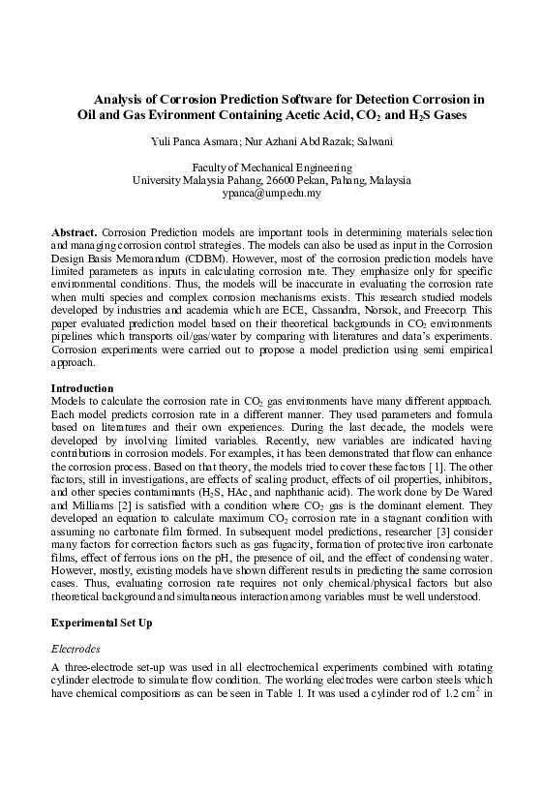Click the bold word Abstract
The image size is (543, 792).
(x=74, y=234)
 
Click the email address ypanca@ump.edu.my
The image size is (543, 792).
(x=271, y=194)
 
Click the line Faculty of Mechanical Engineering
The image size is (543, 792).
(x=271, y=167)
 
